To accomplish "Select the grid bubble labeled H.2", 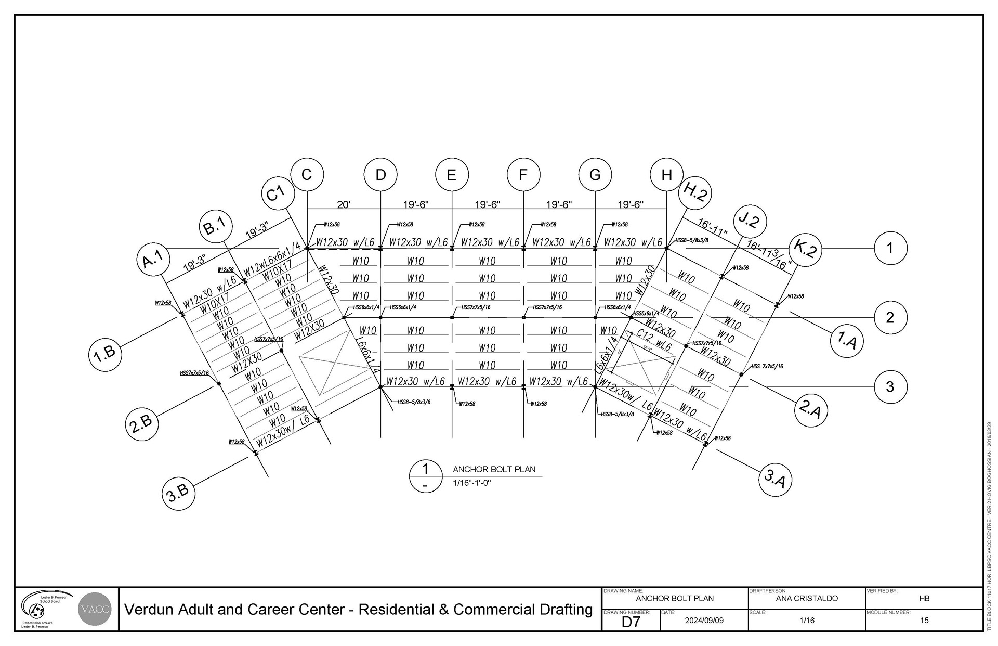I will [x=695, y=192].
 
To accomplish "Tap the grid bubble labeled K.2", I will [x=805, y=250].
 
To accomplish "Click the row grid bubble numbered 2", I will [x=890, y=317].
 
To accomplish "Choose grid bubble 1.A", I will [x=847, y=340].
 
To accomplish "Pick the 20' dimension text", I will [x=344, y=204].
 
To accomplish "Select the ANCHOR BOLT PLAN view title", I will [x=494, y=469].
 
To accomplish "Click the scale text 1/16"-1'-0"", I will [x=472, y=483].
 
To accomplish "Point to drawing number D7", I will [x=631, y=622].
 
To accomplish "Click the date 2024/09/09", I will [x=704, y=621].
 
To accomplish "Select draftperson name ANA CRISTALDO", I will [x=807, y=598].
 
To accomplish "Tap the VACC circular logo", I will [x=95, y=609].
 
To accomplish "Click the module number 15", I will [x=924, y=621].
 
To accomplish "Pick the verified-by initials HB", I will [x=924, y=598].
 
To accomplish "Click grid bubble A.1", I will [x=153, y=259].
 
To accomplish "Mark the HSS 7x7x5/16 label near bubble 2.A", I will [x=767, y=367].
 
